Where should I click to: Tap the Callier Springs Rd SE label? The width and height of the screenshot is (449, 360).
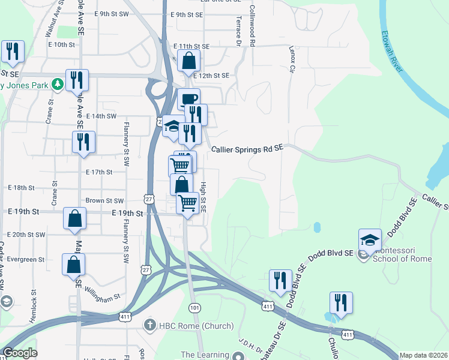[247, 150]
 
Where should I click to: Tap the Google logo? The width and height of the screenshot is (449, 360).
[20, 353]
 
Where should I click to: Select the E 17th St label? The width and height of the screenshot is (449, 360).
[99, 172]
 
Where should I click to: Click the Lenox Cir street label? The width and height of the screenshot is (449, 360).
[293, 59]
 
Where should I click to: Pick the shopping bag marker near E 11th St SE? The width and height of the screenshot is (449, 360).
[189, 61]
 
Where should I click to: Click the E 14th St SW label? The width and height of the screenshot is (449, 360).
[101, 116]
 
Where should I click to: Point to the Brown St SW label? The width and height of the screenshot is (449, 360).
[104, 201]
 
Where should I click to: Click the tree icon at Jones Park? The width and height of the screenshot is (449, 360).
[58, 85]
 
